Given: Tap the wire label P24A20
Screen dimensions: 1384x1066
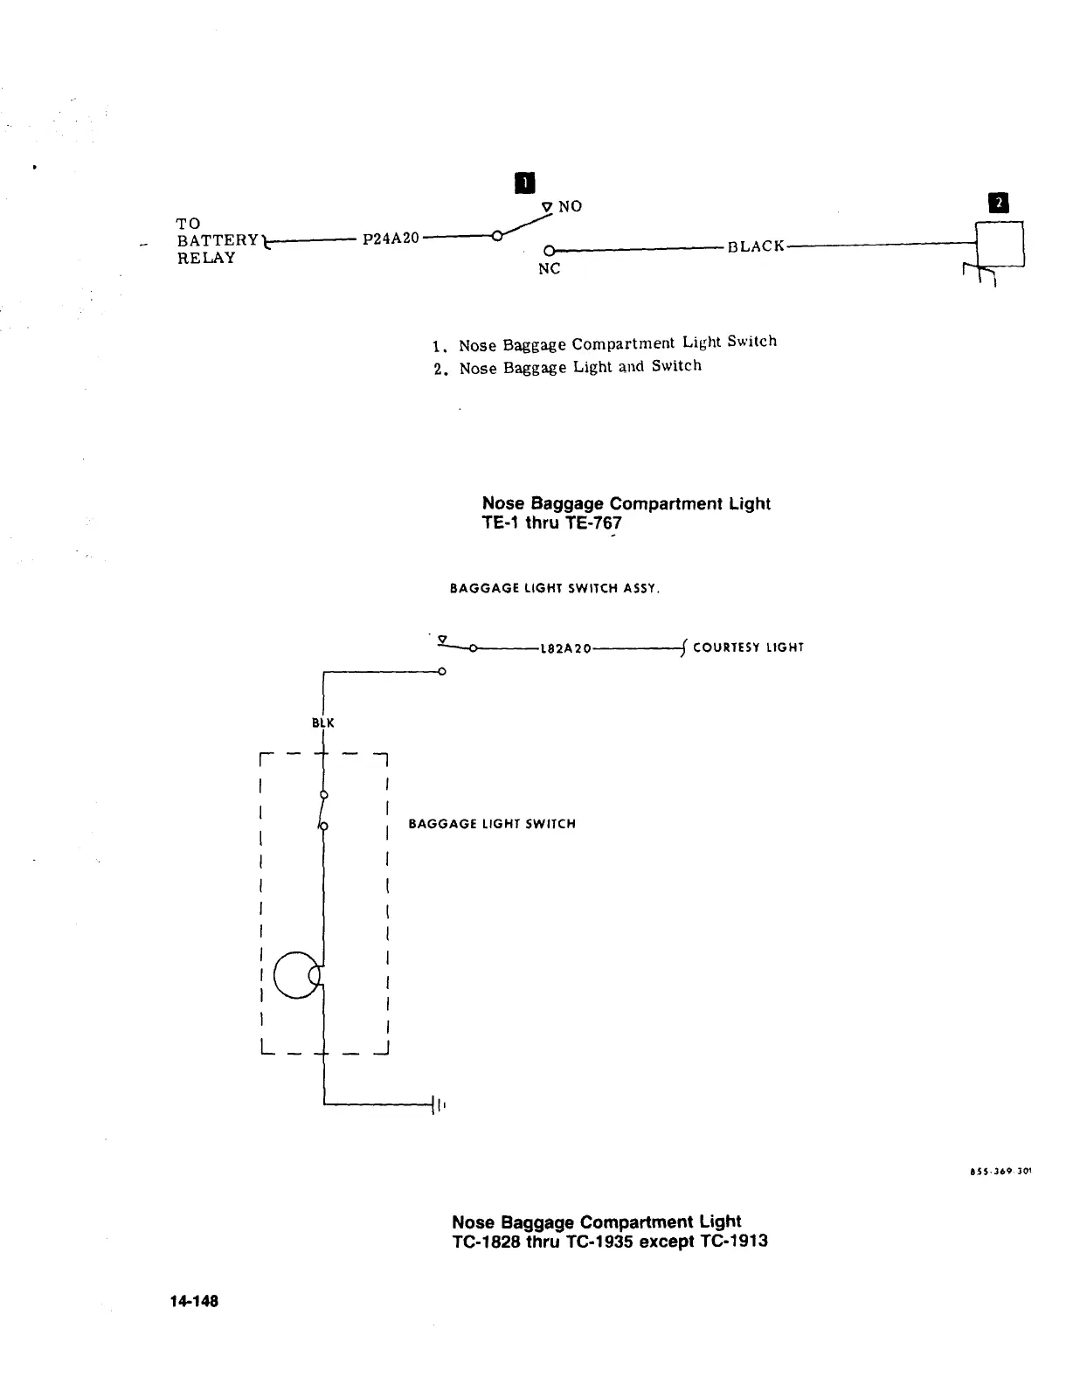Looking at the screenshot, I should [x=391, y=238].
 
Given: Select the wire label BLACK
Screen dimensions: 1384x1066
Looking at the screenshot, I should [x=756, y=246].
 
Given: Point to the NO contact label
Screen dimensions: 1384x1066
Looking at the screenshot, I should [x=570, y=206].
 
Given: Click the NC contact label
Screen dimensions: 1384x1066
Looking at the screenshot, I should [x=549, y=269].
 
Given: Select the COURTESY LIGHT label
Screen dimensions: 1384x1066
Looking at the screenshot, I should [x=747, y=647].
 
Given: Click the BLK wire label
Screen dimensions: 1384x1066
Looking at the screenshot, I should [x=323, y=723].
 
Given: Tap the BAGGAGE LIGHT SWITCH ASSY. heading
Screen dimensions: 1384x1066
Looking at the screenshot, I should [x=555, y=589].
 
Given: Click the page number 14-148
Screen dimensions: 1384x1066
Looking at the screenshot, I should [x=194, y=1301].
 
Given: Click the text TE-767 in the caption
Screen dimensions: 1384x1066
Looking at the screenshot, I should [x=593, y=523].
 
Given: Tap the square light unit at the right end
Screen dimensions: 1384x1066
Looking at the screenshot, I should [x=1000, y=245].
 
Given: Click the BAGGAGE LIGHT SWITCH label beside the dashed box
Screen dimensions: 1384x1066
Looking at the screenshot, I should [x=492, y=824].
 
